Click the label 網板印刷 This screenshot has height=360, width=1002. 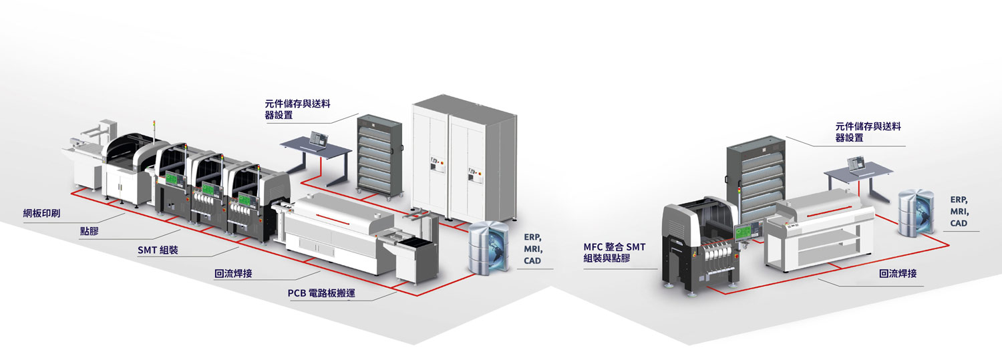point(46,214)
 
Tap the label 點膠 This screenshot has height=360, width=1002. point(91,232)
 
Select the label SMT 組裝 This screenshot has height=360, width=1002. point(160,251)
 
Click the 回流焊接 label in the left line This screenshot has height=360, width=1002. point(233,273)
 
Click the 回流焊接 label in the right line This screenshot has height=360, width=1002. point(898,274)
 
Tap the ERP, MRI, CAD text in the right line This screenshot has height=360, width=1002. point(959,211)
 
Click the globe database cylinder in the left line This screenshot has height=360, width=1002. point(488,247)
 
